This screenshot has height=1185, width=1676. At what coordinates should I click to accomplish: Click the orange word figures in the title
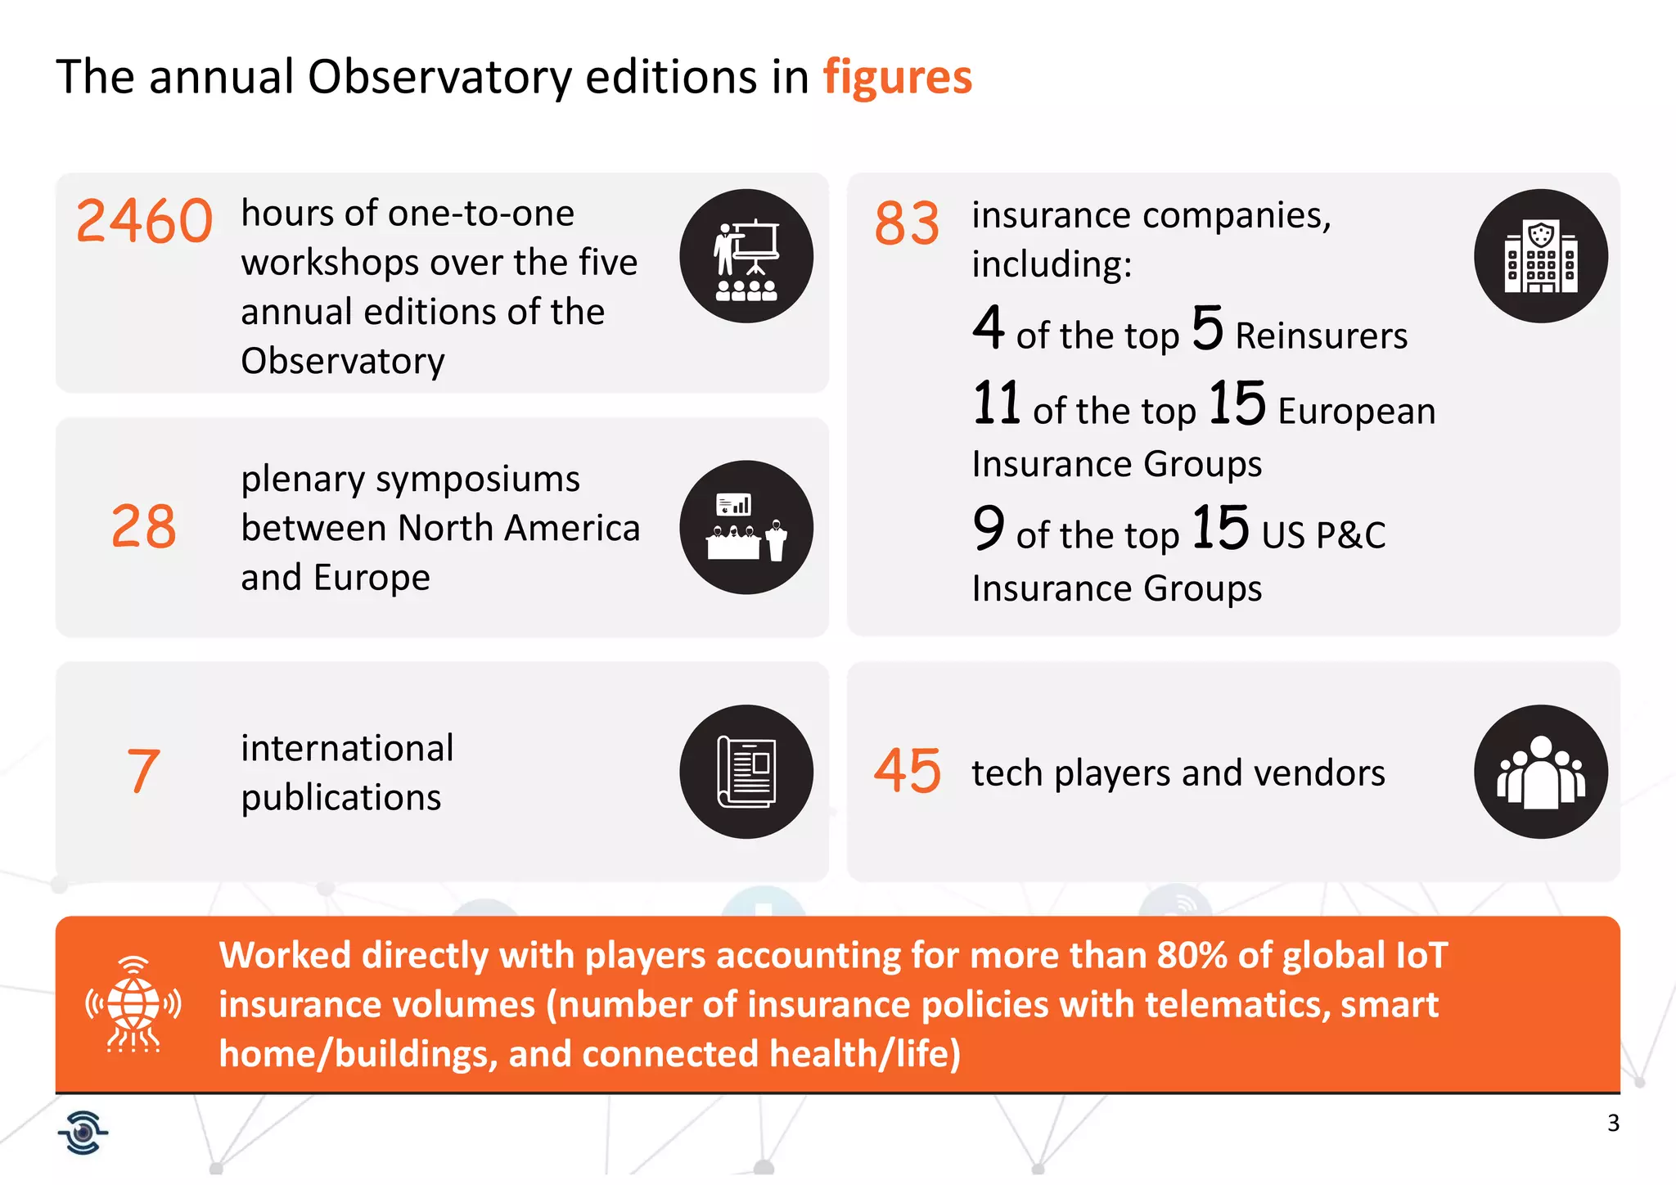[897, 78]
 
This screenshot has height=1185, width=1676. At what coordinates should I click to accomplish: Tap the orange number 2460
[144, 222]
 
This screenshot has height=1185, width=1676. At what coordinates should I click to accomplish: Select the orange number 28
[143, 526]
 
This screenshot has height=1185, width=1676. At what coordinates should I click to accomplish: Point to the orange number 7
[143, 771]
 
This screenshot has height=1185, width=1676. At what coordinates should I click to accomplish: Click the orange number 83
[907, 223]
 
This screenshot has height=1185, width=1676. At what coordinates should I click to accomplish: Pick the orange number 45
[907, 771]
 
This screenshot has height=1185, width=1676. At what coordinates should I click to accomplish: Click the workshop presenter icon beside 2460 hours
[746, 256]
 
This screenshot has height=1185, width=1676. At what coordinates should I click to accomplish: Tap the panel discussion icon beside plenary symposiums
[746, 527]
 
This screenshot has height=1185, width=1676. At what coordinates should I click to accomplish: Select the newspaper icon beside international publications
[746, 771]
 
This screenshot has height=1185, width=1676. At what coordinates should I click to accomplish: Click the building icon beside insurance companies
[1540, 256]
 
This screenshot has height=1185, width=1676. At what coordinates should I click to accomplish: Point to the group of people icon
[1540, 771]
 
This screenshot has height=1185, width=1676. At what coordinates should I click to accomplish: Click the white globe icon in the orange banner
[133, 1003]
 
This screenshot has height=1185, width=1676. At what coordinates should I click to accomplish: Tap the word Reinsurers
[1321, 336]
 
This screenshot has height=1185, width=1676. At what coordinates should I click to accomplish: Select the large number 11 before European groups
[996, 403]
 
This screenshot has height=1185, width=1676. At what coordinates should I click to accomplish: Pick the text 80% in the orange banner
[1192, 956]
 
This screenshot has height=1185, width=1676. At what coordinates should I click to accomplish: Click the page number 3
[1613, 1123]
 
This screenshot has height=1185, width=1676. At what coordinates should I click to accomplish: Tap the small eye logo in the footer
[83, 1133]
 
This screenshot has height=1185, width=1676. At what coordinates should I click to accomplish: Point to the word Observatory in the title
[440, 78]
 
